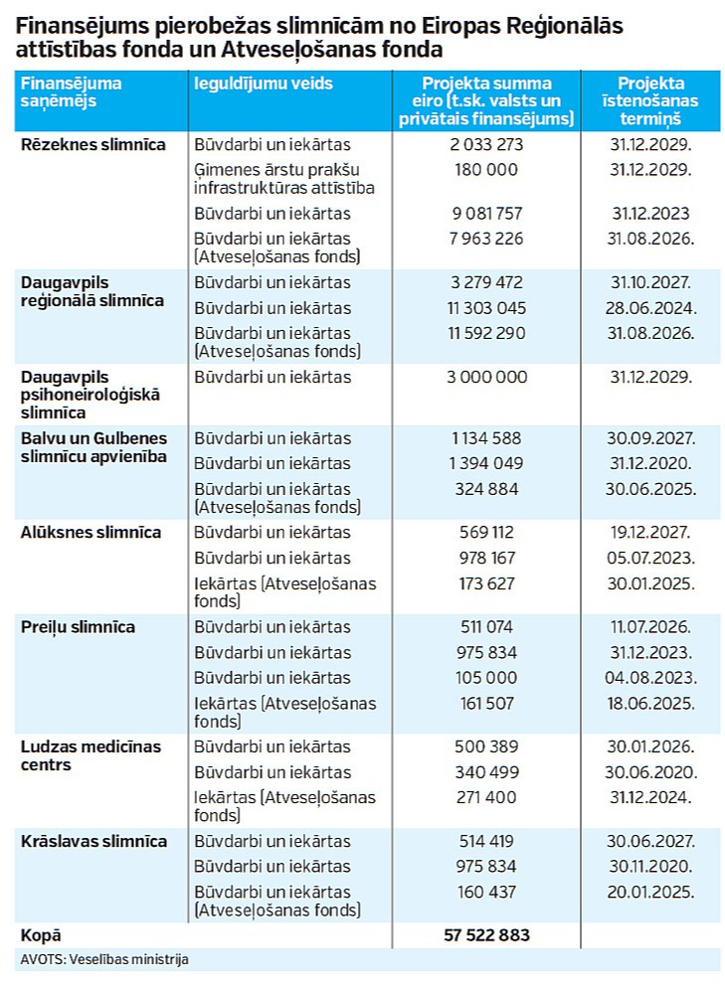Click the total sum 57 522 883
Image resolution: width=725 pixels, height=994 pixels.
(x=486, y=935)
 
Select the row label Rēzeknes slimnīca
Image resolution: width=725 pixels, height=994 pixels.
(x=93, y=144)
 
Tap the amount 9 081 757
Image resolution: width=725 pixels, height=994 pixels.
(x=486, y=214)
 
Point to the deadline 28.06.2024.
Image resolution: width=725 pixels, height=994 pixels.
(x=650, y=308)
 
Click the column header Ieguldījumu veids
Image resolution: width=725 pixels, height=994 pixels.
(x=264, y=84)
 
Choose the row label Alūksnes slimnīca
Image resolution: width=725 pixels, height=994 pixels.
(x=91, y=533)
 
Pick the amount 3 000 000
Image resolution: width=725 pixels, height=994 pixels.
(x=486, y=377)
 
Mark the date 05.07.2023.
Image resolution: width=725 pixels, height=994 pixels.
(x=650, y=558)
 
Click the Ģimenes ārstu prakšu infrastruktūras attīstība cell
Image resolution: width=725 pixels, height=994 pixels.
(x=284, y=179)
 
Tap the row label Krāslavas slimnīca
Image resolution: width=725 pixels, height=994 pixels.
(x=93, y=841)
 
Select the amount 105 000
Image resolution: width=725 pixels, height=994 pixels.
(x=486, y=678)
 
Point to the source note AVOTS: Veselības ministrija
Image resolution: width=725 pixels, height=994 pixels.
(x=104, y=959)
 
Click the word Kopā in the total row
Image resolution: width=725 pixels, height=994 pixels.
(x=41, y=935)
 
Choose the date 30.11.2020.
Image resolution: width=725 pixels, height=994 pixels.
(x=650, y=867)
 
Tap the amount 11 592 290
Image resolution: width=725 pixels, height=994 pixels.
(x=486, y=333)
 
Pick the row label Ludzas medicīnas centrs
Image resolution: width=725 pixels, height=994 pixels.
(x=91, y=755)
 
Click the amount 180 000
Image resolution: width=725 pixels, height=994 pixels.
(x=486, y=170)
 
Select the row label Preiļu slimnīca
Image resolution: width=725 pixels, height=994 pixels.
(x=78, y=627)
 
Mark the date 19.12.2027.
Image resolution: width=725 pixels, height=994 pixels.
(x=650, y=533)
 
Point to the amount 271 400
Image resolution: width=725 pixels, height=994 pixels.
(x=486, y=797)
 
